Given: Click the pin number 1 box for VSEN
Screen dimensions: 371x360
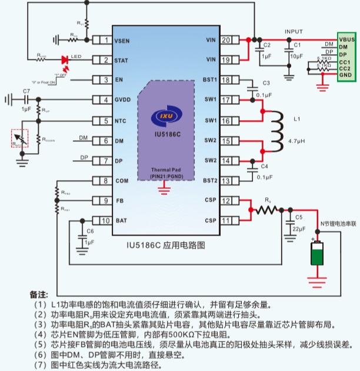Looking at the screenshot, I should (x=105, y=40).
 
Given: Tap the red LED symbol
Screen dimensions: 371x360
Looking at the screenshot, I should (x=65, y=60).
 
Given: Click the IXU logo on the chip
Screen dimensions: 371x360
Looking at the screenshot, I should (x=165, y=117).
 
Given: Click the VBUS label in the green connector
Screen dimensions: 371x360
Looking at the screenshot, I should (x=346, y=39).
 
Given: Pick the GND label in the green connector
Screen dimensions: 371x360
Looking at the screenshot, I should (x=345, y=75).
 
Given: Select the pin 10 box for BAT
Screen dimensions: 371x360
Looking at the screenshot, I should (x=105, y=220).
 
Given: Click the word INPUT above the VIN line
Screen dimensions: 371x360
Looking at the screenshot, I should (x=294, y=32).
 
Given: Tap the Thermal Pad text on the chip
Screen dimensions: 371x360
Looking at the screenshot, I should (x=165, y=169).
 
